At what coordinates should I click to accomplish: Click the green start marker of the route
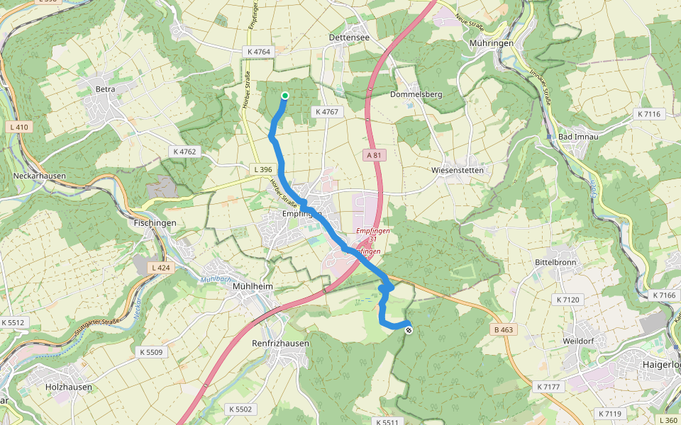click(x=285, y=96)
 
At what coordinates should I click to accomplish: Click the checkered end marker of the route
click(x=409, y=329)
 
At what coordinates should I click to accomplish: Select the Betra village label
click(x=105, y=89)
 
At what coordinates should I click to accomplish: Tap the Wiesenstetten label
click(x=458, y=171)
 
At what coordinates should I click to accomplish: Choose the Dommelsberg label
click(x=416, y=94)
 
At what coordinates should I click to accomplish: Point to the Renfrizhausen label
click(x=281, y=344)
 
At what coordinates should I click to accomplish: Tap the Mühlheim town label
click(x=253, y=287)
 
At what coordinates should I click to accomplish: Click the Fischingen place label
click(x=155, y=222)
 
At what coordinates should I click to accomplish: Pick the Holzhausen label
click(x=70, y=387)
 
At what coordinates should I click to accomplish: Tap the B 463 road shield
click(x=503, y=330)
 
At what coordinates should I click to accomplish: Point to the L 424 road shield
click(x=160, y=268)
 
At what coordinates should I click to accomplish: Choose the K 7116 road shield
click(x=648, y=114)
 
